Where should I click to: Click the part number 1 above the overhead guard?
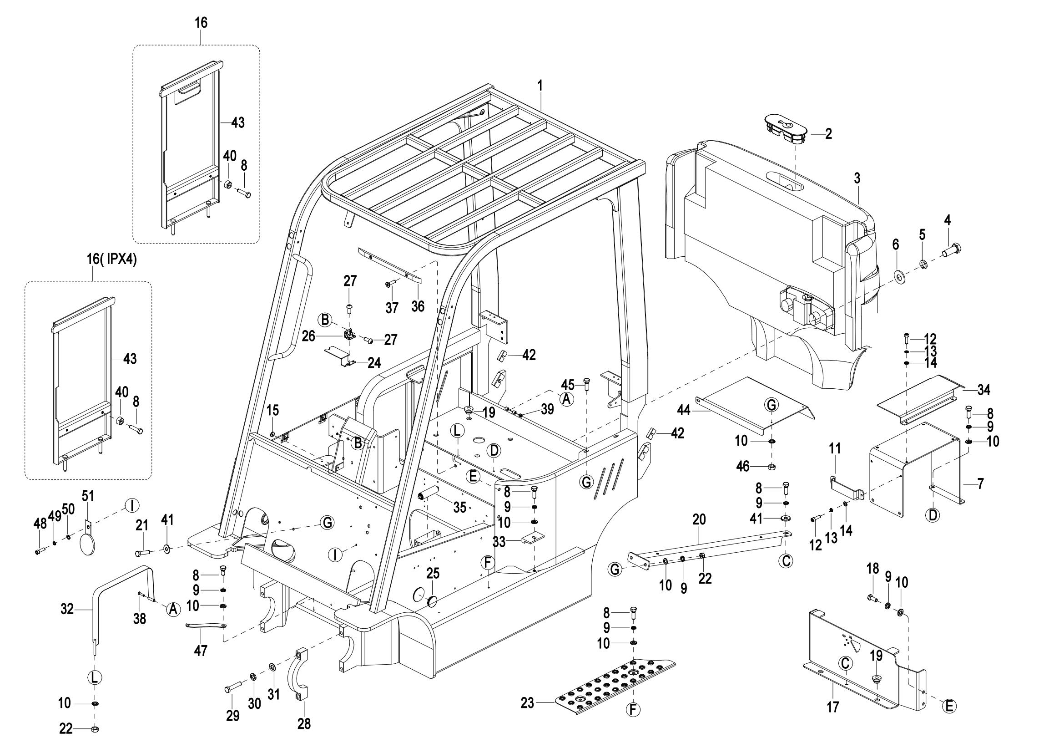tap(540, 86)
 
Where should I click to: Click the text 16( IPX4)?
tap(112, 259)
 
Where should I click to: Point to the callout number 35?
tap(459, 507)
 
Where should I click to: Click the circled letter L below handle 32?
tap(94, 677)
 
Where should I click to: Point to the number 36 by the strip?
tap(418, 306)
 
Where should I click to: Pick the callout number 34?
tap(984, 391)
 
